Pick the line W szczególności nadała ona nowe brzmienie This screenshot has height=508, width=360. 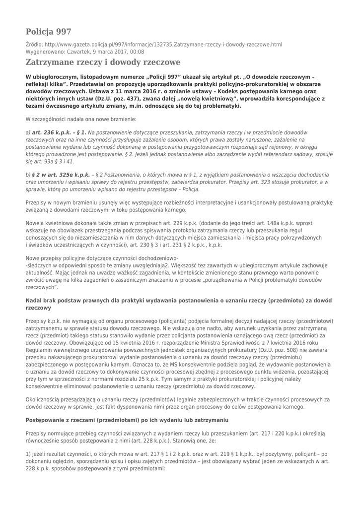(x=77, y=119)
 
